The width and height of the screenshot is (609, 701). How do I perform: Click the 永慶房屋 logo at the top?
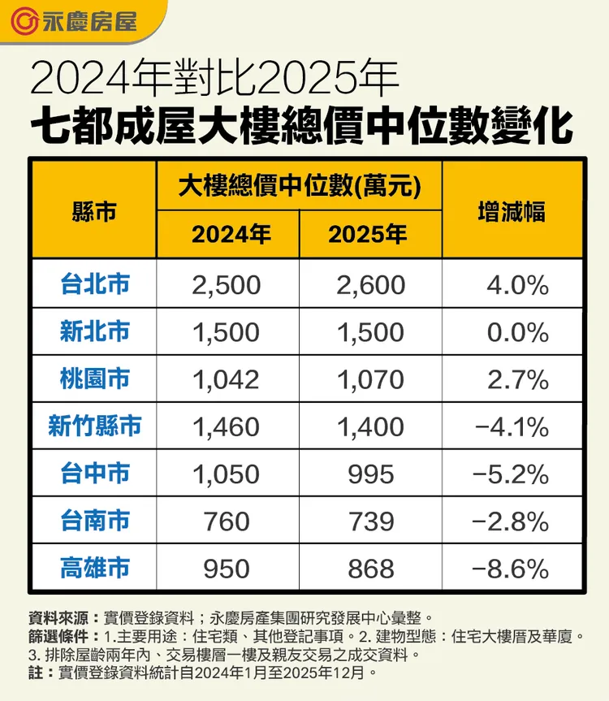coord(77,19)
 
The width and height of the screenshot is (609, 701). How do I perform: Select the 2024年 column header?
coord(231,235)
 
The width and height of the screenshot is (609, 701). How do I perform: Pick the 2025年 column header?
coord(370,235)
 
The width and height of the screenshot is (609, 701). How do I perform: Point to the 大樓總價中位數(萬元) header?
coord(300,185)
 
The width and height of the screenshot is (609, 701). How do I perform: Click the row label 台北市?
coord(94,283)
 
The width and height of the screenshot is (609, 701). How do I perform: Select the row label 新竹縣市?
coord(94,426)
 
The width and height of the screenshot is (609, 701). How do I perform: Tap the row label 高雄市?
coord(94,568)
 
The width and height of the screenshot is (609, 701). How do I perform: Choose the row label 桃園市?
coord(94,379)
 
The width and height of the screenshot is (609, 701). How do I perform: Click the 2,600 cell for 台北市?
coord(370,284)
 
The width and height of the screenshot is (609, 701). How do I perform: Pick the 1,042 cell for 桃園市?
coord(227,379)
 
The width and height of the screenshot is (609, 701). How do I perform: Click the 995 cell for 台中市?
coord(370,474)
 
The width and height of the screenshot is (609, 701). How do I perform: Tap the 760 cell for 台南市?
coord(227,521)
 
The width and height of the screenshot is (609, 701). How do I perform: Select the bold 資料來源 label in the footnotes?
coord(54,617)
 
